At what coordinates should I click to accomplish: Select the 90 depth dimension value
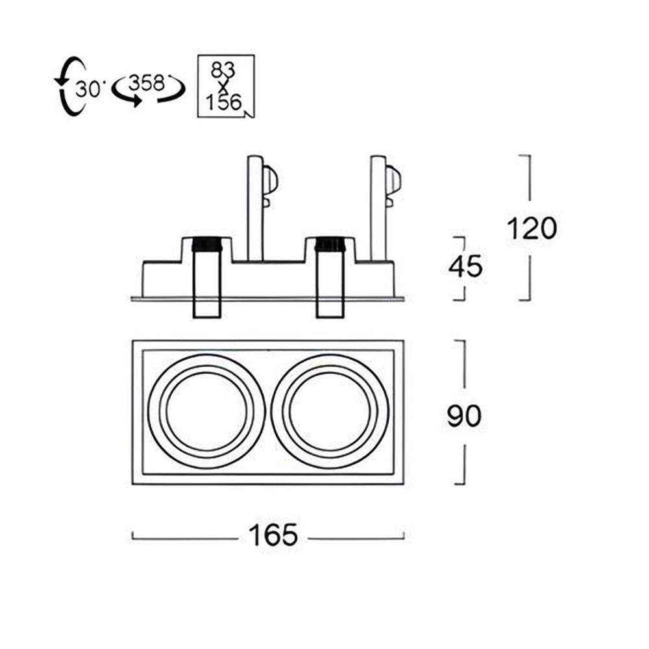[464, 416]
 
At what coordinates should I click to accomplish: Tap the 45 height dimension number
[465, 267]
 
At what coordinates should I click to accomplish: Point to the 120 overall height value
[531, 228]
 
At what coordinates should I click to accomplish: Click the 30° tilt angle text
[88, 89]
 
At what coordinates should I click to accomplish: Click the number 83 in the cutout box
[224, 68]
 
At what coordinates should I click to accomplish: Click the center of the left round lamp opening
[206, 412]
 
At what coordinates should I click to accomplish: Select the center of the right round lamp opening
[330, 412]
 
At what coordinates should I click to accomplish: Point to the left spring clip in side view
[207, 279]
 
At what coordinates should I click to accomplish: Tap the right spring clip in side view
[330, 279]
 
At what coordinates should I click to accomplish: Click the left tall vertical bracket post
[254, 208]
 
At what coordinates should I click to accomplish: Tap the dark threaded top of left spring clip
[207, 245]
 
